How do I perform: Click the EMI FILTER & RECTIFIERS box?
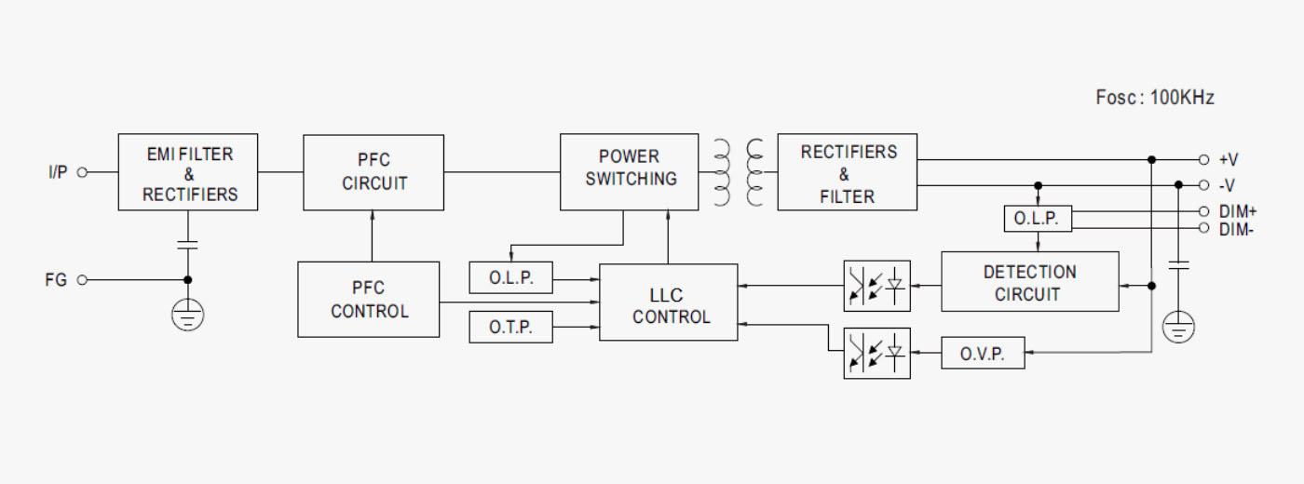(x=188, y=172)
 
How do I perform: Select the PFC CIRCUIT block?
(x=374, y=173)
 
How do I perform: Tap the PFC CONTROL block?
(x=369, y=300)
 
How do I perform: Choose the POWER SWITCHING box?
(x=630, y=172)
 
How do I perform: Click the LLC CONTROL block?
(x=669, y=302)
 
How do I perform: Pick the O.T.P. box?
(x=510, y=327)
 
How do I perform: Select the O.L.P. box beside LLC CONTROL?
(x=510, y=277)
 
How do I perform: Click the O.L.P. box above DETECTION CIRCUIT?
(x=1038, y=219)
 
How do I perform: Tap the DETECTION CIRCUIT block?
(x=1030, y=281)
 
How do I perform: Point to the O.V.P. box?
(x=983, y=353)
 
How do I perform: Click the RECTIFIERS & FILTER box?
(x=847, y=172)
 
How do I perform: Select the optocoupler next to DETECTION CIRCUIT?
(x=876, y=286)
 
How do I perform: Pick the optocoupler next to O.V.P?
(x=876, y=353)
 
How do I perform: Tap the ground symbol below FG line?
(x=187, y=315)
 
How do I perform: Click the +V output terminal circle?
(x=1203, y=159)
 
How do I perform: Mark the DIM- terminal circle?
(x=1203, y=228)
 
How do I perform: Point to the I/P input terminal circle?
(x=82, y=172)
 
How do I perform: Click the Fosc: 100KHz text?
(x=1155, y=97)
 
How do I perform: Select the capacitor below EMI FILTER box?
(x=187, y=245)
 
